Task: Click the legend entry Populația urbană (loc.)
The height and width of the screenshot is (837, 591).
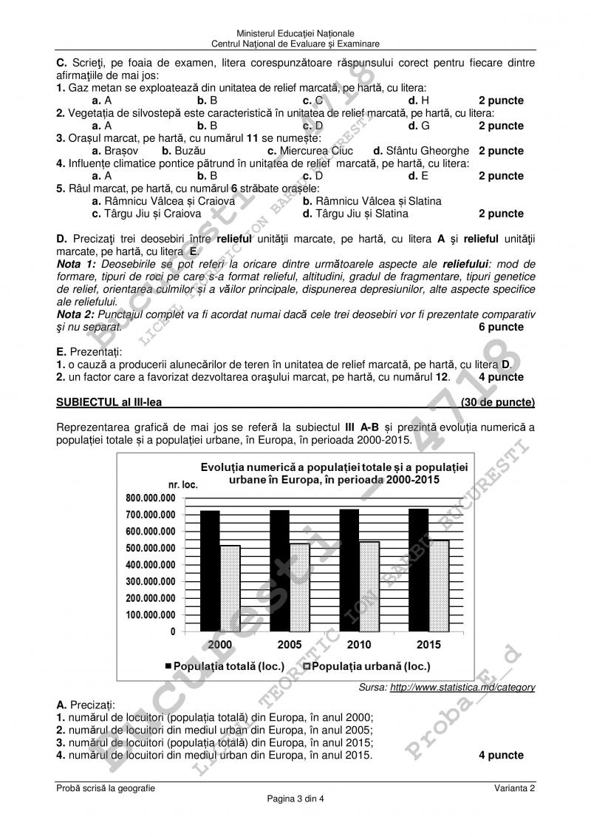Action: click(x=368, y=666)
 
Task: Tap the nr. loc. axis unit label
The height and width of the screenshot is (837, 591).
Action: click(x=182, y=484)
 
